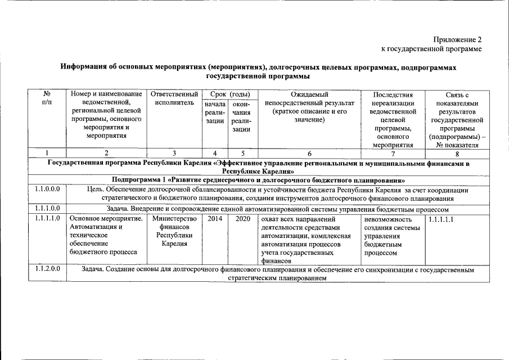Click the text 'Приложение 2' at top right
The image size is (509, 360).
coord(457,40)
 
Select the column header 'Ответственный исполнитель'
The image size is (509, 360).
coord(174,99)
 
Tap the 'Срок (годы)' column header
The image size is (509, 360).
coord(227,94)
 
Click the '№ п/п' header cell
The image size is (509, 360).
coord(47,99)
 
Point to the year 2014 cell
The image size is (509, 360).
coord(215,219)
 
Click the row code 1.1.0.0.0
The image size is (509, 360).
coord(47,190)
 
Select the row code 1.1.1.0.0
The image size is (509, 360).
coord(47,209)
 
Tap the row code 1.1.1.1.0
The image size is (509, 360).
coord(47,219)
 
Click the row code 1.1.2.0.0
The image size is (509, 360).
coord(47,269)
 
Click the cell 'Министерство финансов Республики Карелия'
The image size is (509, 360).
coord(174,231)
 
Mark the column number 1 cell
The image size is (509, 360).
coord(47,153)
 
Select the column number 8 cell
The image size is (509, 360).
coord(457,153)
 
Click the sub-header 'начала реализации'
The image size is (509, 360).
coord(215,117)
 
